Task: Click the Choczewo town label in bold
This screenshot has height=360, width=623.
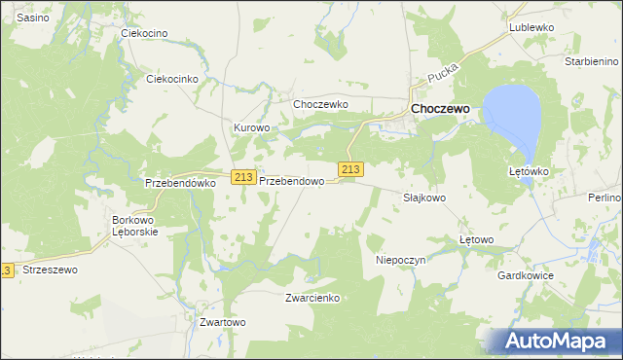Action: [x=440, y=110]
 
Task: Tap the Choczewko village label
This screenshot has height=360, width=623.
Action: [x=320, y=104]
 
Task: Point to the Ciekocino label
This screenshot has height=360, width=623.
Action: [x=144, y=33]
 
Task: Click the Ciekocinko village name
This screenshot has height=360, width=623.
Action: [x=171, y=79]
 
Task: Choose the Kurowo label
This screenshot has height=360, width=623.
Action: [x=251, y=127]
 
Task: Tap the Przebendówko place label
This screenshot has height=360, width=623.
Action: [x=178, y=182]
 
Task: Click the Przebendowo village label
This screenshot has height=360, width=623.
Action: [x=291, y=181]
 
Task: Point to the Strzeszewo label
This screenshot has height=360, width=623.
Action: [x=49, y=270]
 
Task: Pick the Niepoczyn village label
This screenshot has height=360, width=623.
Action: [x=401, y=261]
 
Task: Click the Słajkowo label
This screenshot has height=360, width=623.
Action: [x=424, y=197]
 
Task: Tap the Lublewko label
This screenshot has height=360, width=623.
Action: [x=531, y=28]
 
